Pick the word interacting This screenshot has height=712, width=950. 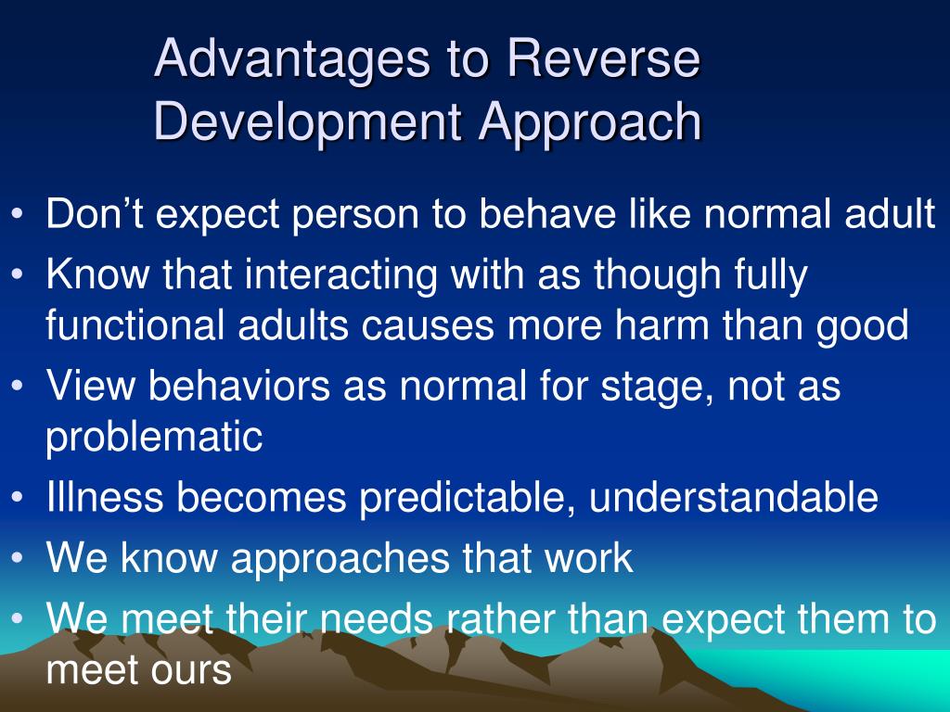[x=307, y=276]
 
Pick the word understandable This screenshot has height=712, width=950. [x=733, y=497]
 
